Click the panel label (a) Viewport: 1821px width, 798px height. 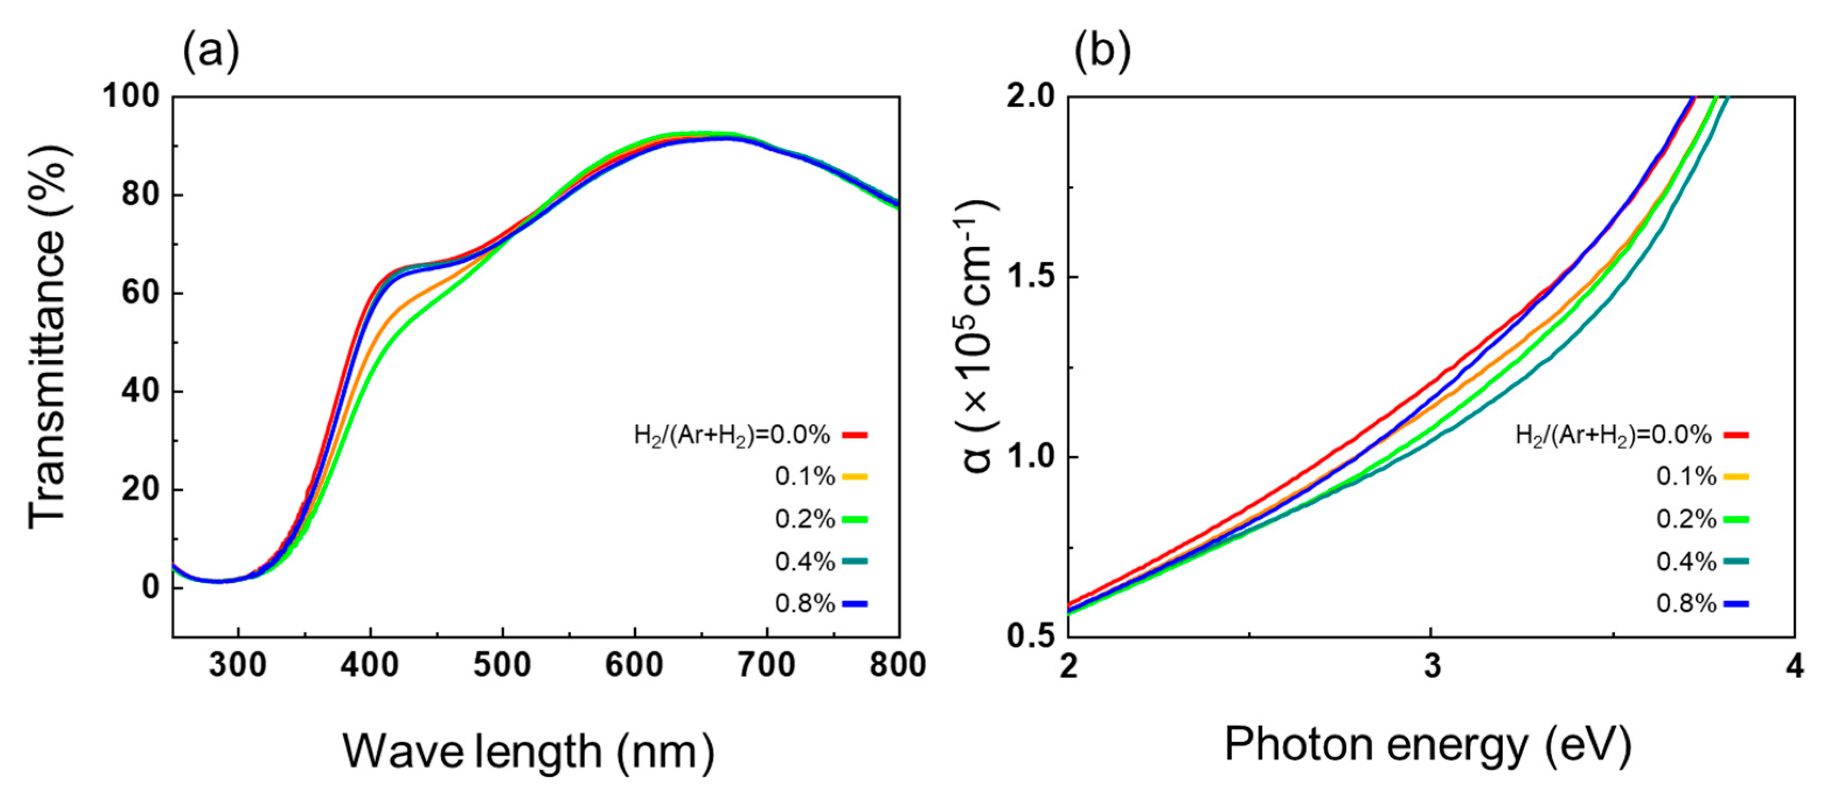click(211, 51)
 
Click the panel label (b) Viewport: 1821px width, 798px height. click(1102, 51)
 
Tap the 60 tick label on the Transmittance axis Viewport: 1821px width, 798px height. click(140, 293)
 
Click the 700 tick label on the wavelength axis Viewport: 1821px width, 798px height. click(766, 665)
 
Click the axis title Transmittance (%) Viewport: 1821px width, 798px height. click(48, 338)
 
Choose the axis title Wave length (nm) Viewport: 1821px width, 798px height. click(529, 751)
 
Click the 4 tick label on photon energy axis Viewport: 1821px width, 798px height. click(1795, 665)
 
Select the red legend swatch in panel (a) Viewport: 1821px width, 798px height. click(855, 434)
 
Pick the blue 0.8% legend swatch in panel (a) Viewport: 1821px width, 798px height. click(855, 603)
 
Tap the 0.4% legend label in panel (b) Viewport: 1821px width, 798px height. click(1686, 562)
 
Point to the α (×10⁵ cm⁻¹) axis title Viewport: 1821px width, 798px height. click(978, 338)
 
